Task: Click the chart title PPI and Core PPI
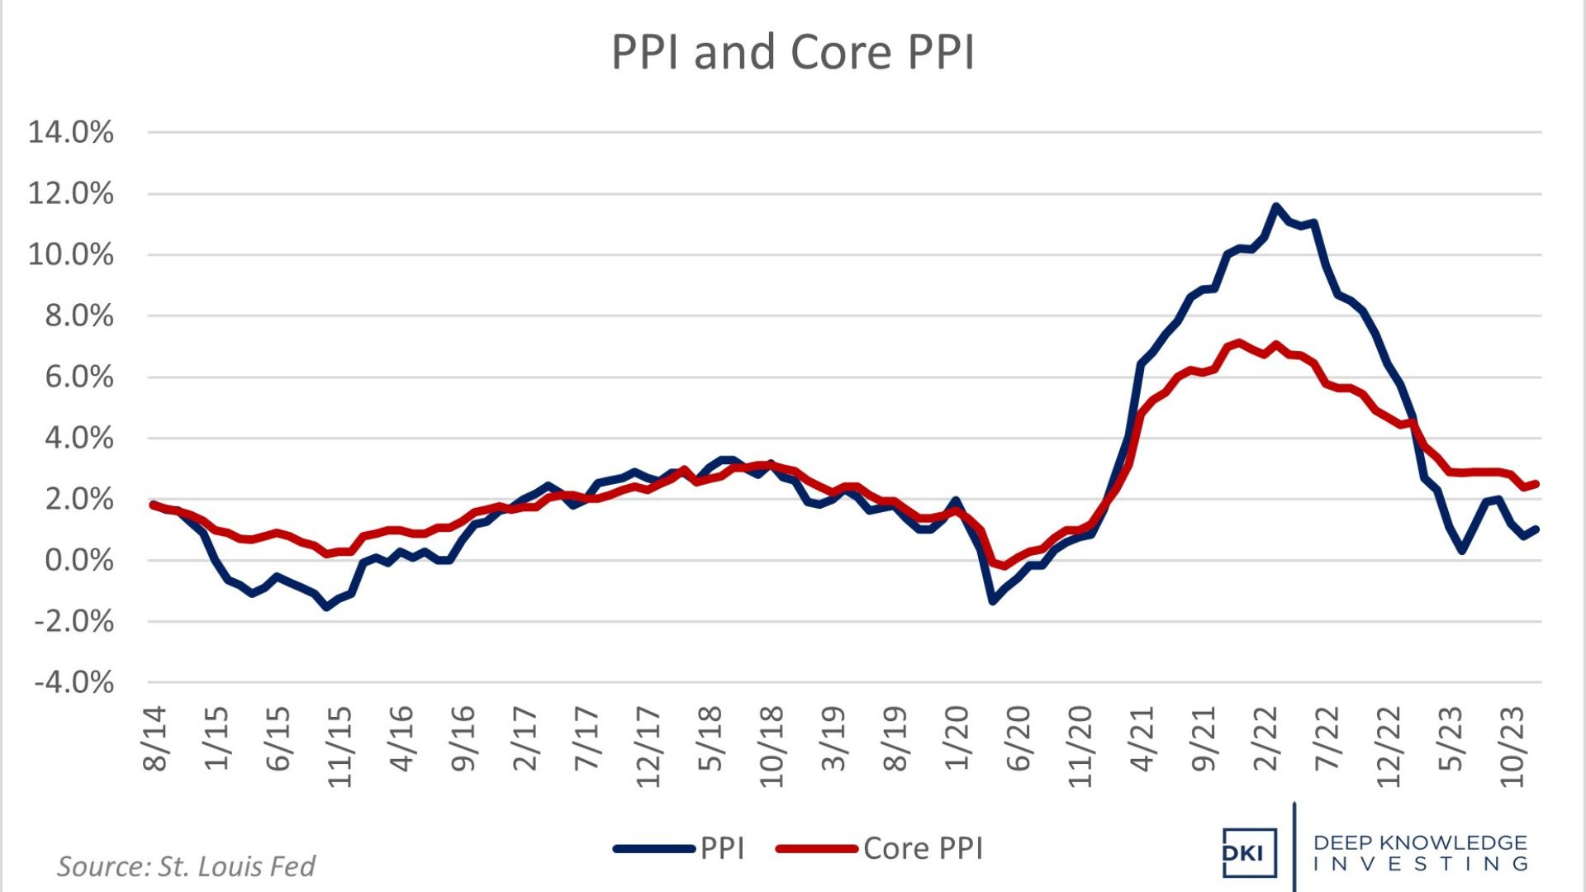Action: point(792,52)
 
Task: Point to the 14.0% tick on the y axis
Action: point(71,132)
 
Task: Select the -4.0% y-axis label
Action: point(74,682)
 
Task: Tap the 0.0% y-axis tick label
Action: point(79,560)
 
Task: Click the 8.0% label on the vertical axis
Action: point(79,316)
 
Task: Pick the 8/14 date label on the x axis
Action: point(154,738)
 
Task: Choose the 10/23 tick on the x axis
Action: point(1512,746)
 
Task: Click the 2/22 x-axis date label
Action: point(1265,738)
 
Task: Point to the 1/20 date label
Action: point(957,738)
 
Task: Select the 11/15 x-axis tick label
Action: point(340,746)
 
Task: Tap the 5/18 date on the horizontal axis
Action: point(710,738)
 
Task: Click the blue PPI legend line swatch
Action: point(654,849)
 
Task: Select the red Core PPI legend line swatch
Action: point(817,849)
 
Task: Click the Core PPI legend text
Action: point(924,849)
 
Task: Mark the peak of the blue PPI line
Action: point(1276,206)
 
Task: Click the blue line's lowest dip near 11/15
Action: point(327,607)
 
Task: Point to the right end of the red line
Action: point(1536,484)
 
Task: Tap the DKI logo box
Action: point(1249,852)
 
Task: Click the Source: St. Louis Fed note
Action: point(186,866)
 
